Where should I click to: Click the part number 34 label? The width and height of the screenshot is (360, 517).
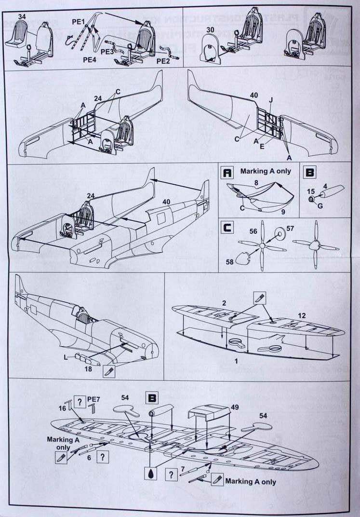(x=22, y=16)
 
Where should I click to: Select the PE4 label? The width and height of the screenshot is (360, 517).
(x=89, y=60)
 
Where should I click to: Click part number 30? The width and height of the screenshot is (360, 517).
(x=210, y=30)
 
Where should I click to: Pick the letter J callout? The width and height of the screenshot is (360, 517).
(x=271, y=100)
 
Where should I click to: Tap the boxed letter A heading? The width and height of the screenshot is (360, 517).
(x=227, y=172)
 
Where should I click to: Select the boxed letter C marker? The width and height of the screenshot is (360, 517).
(x=227, y=227)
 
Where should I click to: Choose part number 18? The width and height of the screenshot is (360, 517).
(x=89, y=369)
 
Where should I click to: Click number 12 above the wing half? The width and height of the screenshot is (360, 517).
(x=301, y=315)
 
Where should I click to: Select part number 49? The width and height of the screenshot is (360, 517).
(x=235, y=408)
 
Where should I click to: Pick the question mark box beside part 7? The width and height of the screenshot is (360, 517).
(x=170, y=475)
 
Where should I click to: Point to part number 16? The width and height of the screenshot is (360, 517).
(x=62, y=408)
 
